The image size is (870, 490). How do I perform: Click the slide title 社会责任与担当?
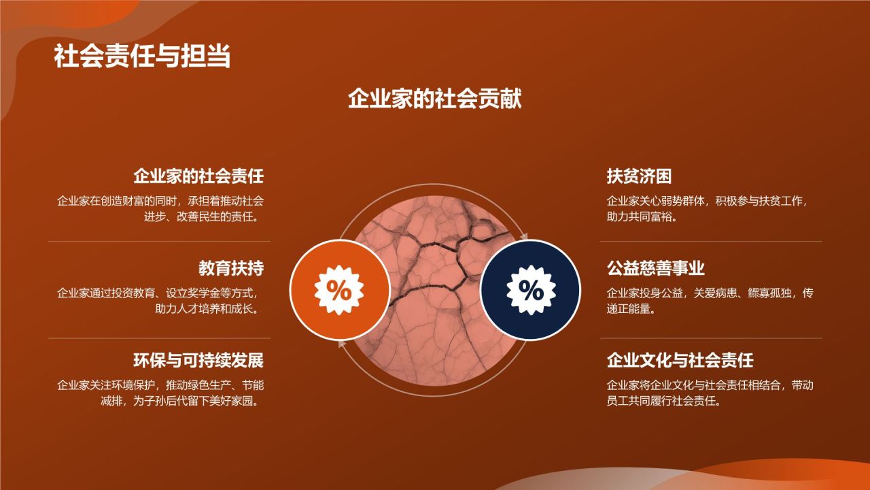[x=142, y=56]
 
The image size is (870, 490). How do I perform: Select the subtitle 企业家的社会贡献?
[x=435, y=99]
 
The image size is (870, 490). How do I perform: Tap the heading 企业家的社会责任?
[x=198, y=176]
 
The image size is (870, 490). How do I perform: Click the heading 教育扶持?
[x=231, y=268]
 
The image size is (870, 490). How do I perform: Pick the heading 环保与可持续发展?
[x=198, y=360]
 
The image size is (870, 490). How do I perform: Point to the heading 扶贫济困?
[x=639, y=176]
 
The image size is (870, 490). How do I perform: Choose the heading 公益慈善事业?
[x=655, y=268]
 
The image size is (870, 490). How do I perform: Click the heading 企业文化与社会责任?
[x=680, y=360]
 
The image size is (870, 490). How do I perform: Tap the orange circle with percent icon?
[x=339, y=290]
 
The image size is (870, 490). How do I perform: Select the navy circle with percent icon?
[x=530, y=290]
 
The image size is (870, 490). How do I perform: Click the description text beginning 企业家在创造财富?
[x=160, y=209]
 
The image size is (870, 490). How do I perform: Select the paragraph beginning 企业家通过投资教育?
[x=160, y=301]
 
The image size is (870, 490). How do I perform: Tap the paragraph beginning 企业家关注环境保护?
[x=160, y=393]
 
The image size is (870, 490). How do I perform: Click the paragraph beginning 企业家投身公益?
[x=710, y=301]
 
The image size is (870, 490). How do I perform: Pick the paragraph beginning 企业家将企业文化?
[x=710, y=393]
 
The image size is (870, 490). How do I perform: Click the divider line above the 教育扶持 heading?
[x=159, y=242]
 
